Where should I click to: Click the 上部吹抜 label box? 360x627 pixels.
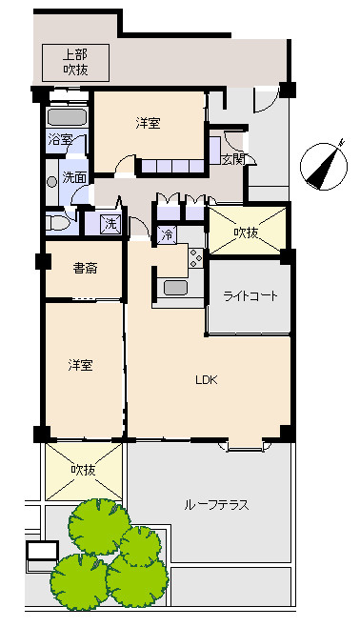tap(75, 63)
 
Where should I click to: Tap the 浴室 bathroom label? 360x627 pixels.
tap(60, 140)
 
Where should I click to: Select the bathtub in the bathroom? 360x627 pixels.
tap(67, 117)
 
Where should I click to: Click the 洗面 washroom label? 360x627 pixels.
tap(74, 177)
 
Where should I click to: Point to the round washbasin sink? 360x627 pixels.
tap(52, 182)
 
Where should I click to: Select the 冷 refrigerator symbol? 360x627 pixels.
tap(167, 234)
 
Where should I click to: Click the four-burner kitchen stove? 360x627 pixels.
tap(196, 258)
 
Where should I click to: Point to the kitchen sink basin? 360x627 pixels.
tap(176, 288)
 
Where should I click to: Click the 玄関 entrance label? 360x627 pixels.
tap(233, 160)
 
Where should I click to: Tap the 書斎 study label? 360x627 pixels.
tap(85, 268)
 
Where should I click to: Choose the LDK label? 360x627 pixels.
tap(207, 380)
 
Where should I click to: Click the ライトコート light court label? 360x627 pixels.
tap(250, 296)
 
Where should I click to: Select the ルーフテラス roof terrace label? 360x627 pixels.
tap(216, 505)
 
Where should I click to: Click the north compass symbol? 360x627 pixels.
tap(324, 166)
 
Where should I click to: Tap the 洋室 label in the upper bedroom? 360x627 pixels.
tap(148, 123)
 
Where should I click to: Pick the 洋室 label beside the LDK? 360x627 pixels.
tap(80, 365)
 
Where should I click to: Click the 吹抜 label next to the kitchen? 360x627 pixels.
tap(246, 233)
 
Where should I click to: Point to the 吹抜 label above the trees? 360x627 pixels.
tap(83, 470)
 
